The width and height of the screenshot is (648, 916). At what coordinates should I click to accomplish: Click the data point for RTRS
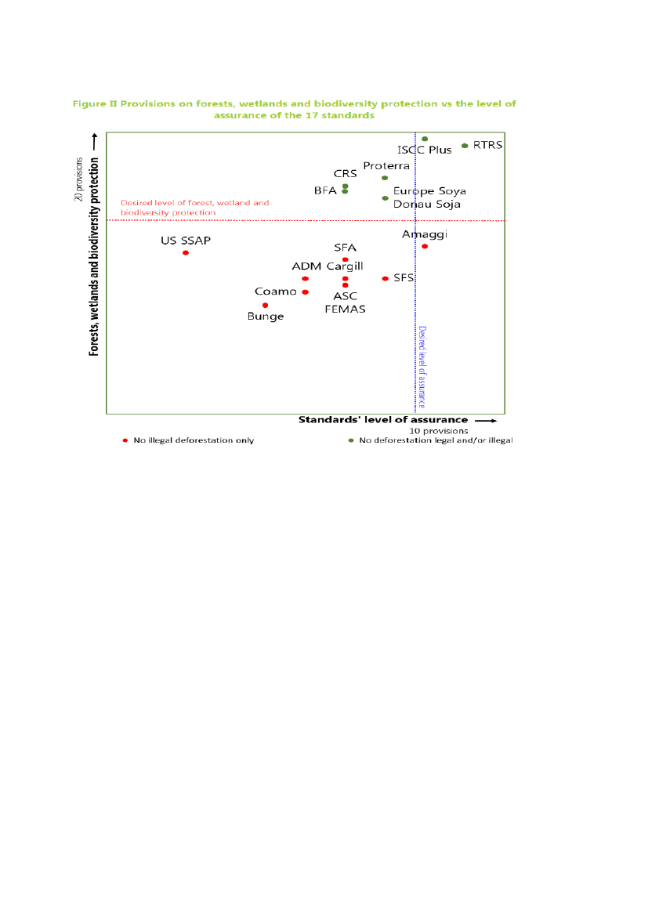[465, 146]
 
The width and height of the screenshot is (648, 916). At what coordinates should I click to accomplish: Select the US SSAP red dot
[186, 252]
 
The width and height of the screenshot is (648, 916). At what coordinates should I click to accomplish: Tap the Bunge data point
[266, 305]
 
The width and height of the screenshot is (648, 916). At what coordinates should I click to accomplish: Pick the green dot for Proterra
[385, 178]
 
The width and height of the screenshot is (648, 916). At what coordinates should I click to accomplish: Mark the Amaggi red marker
[425, 246]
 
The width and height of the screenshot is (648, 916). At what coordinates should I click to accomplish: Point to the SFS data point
[385, 278]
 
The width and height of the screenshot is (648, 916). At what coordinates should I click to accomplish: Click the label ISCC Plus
[425, 150]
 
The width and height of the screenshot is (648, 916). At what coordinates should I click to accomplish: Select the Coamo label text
[276, 291]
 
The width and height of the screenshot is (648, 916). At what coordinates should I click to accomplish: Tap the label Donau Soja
[426, 204]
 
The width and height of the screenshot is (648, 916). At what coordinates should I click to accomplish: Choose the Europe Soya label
[429, 190]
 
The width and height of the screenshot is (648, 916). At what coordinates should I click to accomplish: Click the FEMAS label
[345, 309]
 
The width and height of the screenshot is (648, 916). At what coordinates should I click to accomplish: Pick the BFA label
[325, 190]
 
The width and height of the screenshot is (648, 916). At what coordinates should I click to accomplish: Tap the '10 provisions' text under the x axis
[439, 430]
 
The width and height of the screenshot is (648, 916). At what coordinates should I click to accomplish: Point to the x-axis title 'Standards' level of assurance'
[382, 419]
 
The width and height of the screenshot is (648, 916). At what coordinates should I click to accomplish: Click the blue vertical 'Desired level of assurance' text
[422, 367]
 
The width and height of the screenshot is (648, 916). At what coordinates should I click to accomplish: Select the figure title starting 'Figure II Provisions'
[294, 109]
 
